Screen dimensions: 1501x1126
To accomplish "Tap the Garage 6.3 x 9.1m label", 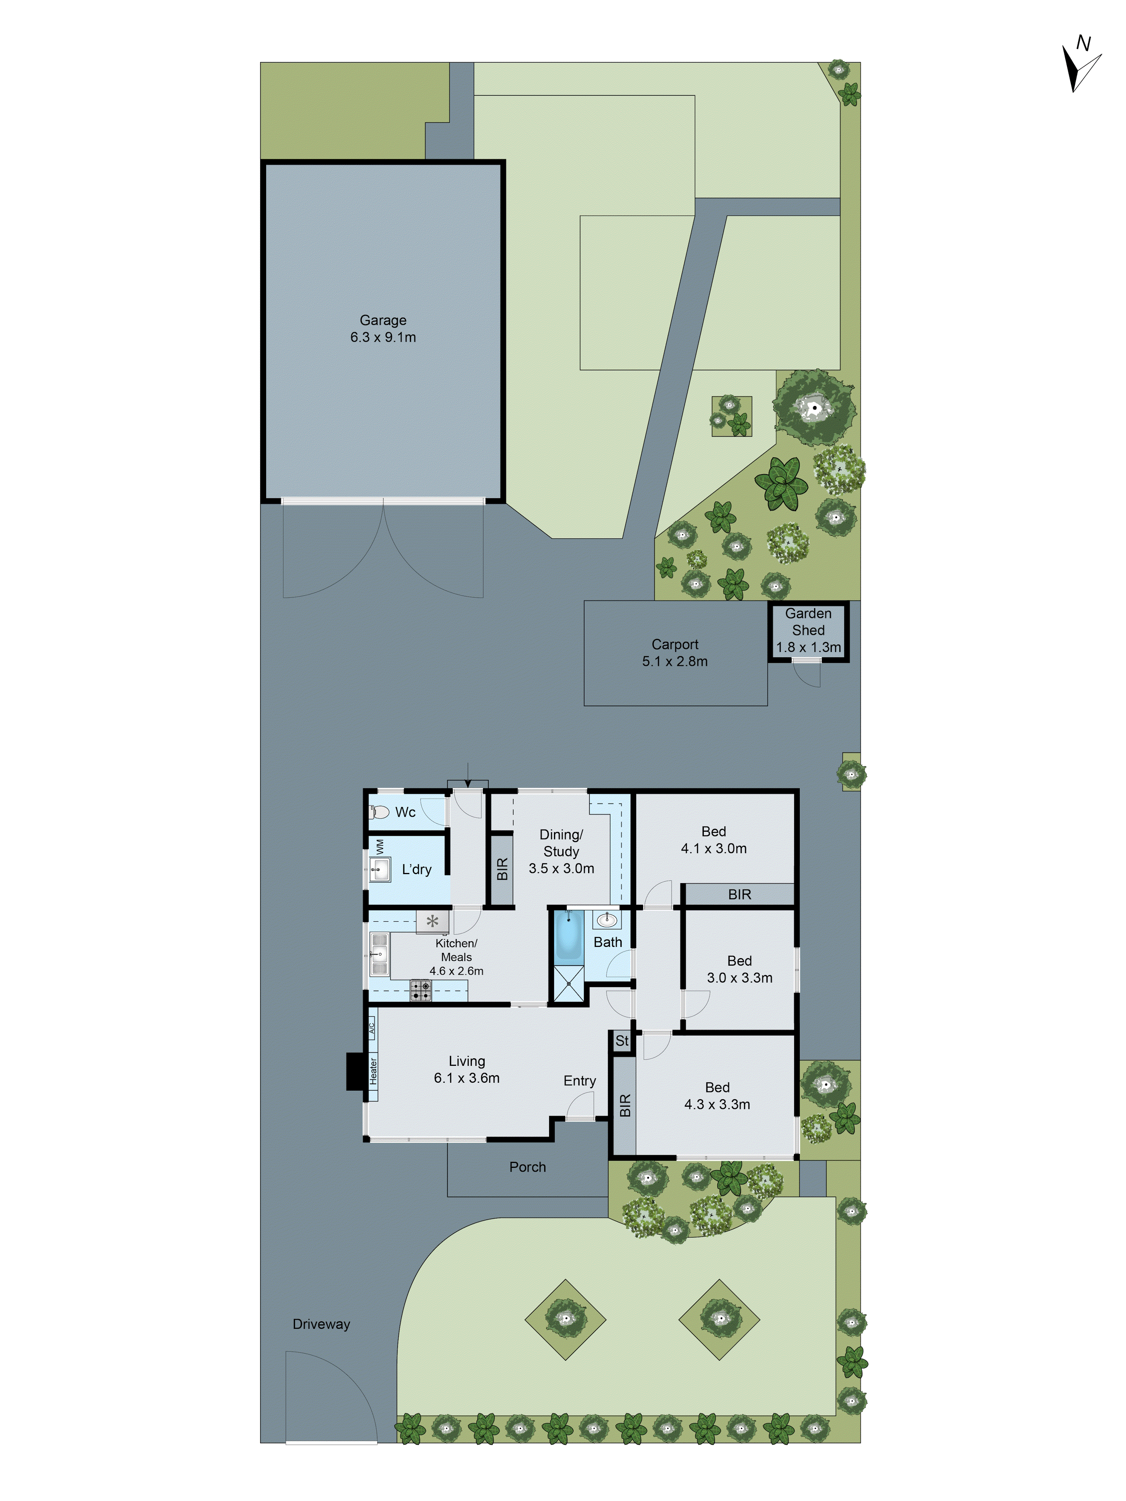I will [383, 328].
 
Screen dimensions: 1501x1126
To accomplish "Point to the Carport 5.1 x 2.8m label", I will [674, 652].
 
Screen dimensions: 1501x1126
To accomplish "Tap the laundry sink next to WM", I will [380, 869].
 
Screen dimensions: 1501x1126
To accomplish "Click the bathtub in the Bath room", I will [568, 936].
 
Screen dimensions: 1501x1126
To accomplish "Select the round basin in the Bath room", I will [607, 920].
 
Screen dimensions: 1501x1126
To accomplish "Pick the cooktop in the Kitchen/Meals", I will [420, 990].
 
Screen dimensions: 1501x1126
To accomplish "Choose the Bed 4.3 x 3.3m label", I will [717, 1096].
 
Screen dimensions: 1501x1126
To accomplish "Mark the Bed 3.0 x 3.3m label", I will [739, 969].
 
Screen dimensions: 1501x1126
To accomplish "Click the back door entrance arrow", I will [468, 775].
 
